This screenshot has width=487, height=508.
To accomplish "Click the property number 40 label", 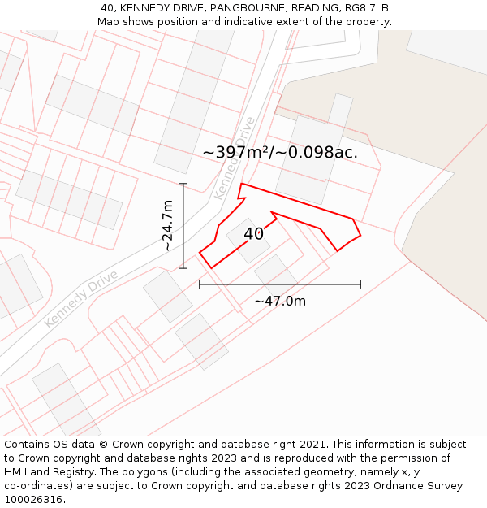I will click(x=253, y=234).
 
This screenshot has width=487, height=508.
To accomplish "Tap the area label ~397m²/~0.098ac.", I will click(x=280, y=152).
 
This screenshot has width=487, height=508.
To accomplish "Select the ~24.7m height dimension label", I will click(x=167, y=225).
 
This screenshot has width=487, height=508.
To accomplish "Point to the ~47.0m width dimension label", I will click(x=280, y=302).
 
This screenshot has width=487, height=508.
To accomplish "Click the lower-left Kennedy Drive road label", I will click(x=81, y=298).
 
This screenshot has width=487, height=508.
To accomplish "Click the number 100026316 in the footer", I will click(x=32, y=500).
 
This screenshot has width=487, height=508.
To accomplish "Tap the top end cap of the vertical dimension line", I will click(x=183, y=185).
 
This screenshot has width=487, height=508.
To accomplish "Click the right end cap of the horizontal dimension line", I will click(x=360, y=284).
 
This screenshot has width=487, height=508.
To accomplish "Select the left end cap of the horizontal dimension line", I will click(x=200, y=284).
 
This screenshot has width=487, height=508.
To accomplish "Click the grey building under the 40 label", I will click(x=248, y=241).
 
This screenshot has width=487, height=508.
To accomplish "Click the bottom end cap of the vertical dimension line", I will click(x=183, y=267).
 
